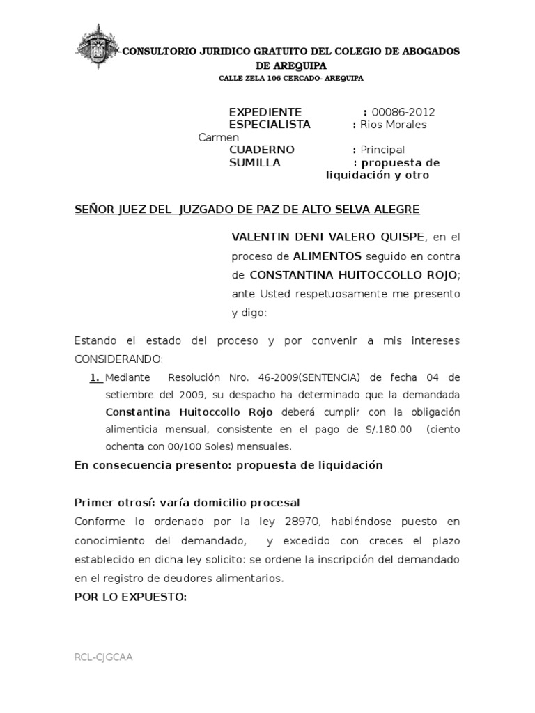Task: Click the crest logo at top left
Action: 97,49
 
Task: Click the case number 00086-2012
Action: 403,112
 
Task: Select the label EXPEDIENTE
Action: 265,112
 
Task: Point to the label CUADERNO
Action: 262,150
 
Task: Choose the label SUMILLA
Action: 255,162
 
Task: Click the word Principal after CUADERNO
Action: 382,150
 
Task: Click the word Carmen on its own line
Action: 219,137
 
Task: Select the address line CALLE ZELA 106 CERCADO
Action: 291,79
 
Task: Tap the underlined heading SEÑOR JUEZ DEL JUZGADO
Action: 247,210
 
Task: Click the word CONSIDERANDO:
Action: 118,359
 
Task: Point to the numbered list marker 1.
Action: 95,377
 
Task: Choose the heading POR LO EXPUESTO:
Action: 130,596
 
